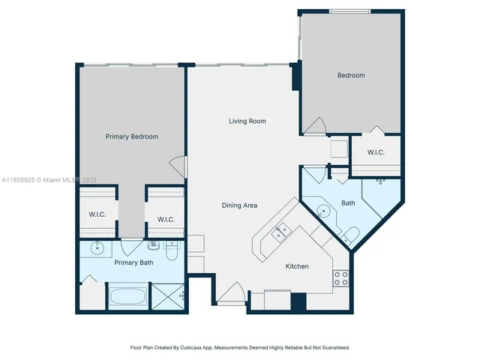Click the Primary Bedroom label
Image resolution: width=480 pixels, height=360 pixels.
pyautogui.click(x=131, y=136)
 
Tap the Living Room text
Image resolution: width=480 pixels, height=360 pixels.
pyautogui.click(x=247, y=121)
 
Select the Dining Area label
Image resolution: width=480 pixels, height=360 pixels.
pyautogui.click(x=240, y=205)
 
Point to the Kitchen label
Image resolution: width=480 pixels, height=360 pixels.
pyautogui.click(x=297, y=266)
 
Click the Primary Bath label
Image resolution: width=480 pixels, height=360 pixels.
pyautogui.click(x=133, y=262)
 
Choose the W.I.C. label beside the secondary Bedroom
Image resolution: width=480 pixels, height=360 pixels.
pyautogui.click(x=376, y=153)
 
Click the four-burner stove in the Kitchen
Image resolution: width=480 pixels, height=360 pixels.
pyautogui.click(x=340, y=278)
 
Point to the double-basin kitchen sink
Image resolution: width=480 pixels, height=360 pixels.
pyautogui.click(x=281, y=233)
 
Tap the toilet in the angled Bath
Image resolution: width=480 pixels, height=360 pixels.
pyautogui.click(x=351, y=235)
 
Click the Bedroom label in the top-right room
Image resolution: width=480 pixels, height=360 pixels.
pyautogui.click(x=350, y=76)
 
